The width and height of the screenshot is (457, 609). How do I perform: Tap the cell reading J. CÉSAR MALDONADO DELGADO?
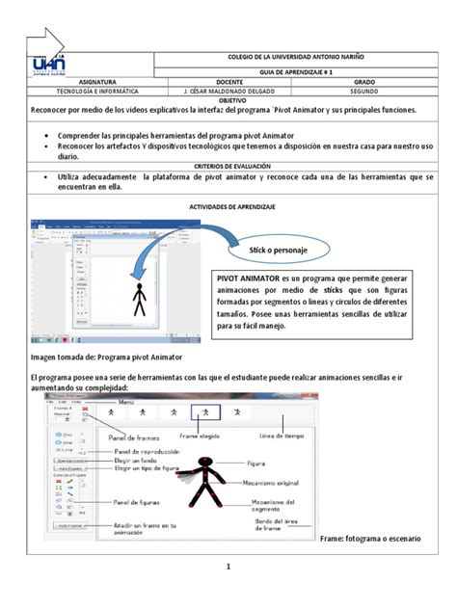tap(223, 92)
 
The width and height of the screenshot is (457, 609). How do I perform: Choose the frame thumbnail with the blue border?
tap(205, 411)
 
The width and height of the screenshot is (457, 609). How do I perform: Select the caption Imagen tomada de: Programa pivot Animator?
tap(107, 357)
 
